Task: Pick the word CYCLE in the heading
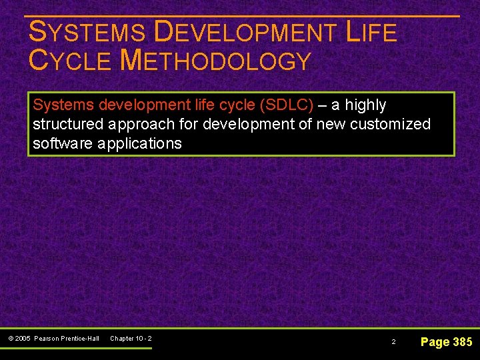tap(70, 61)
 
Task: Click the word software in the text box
tap(62, 143)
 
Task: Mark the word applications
tap(139, 143)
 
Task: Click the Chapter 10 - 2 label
tap(131, 339)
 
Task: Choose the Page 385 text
tap(446, 342)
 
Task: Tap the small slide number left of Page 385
tap(393, 341)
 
